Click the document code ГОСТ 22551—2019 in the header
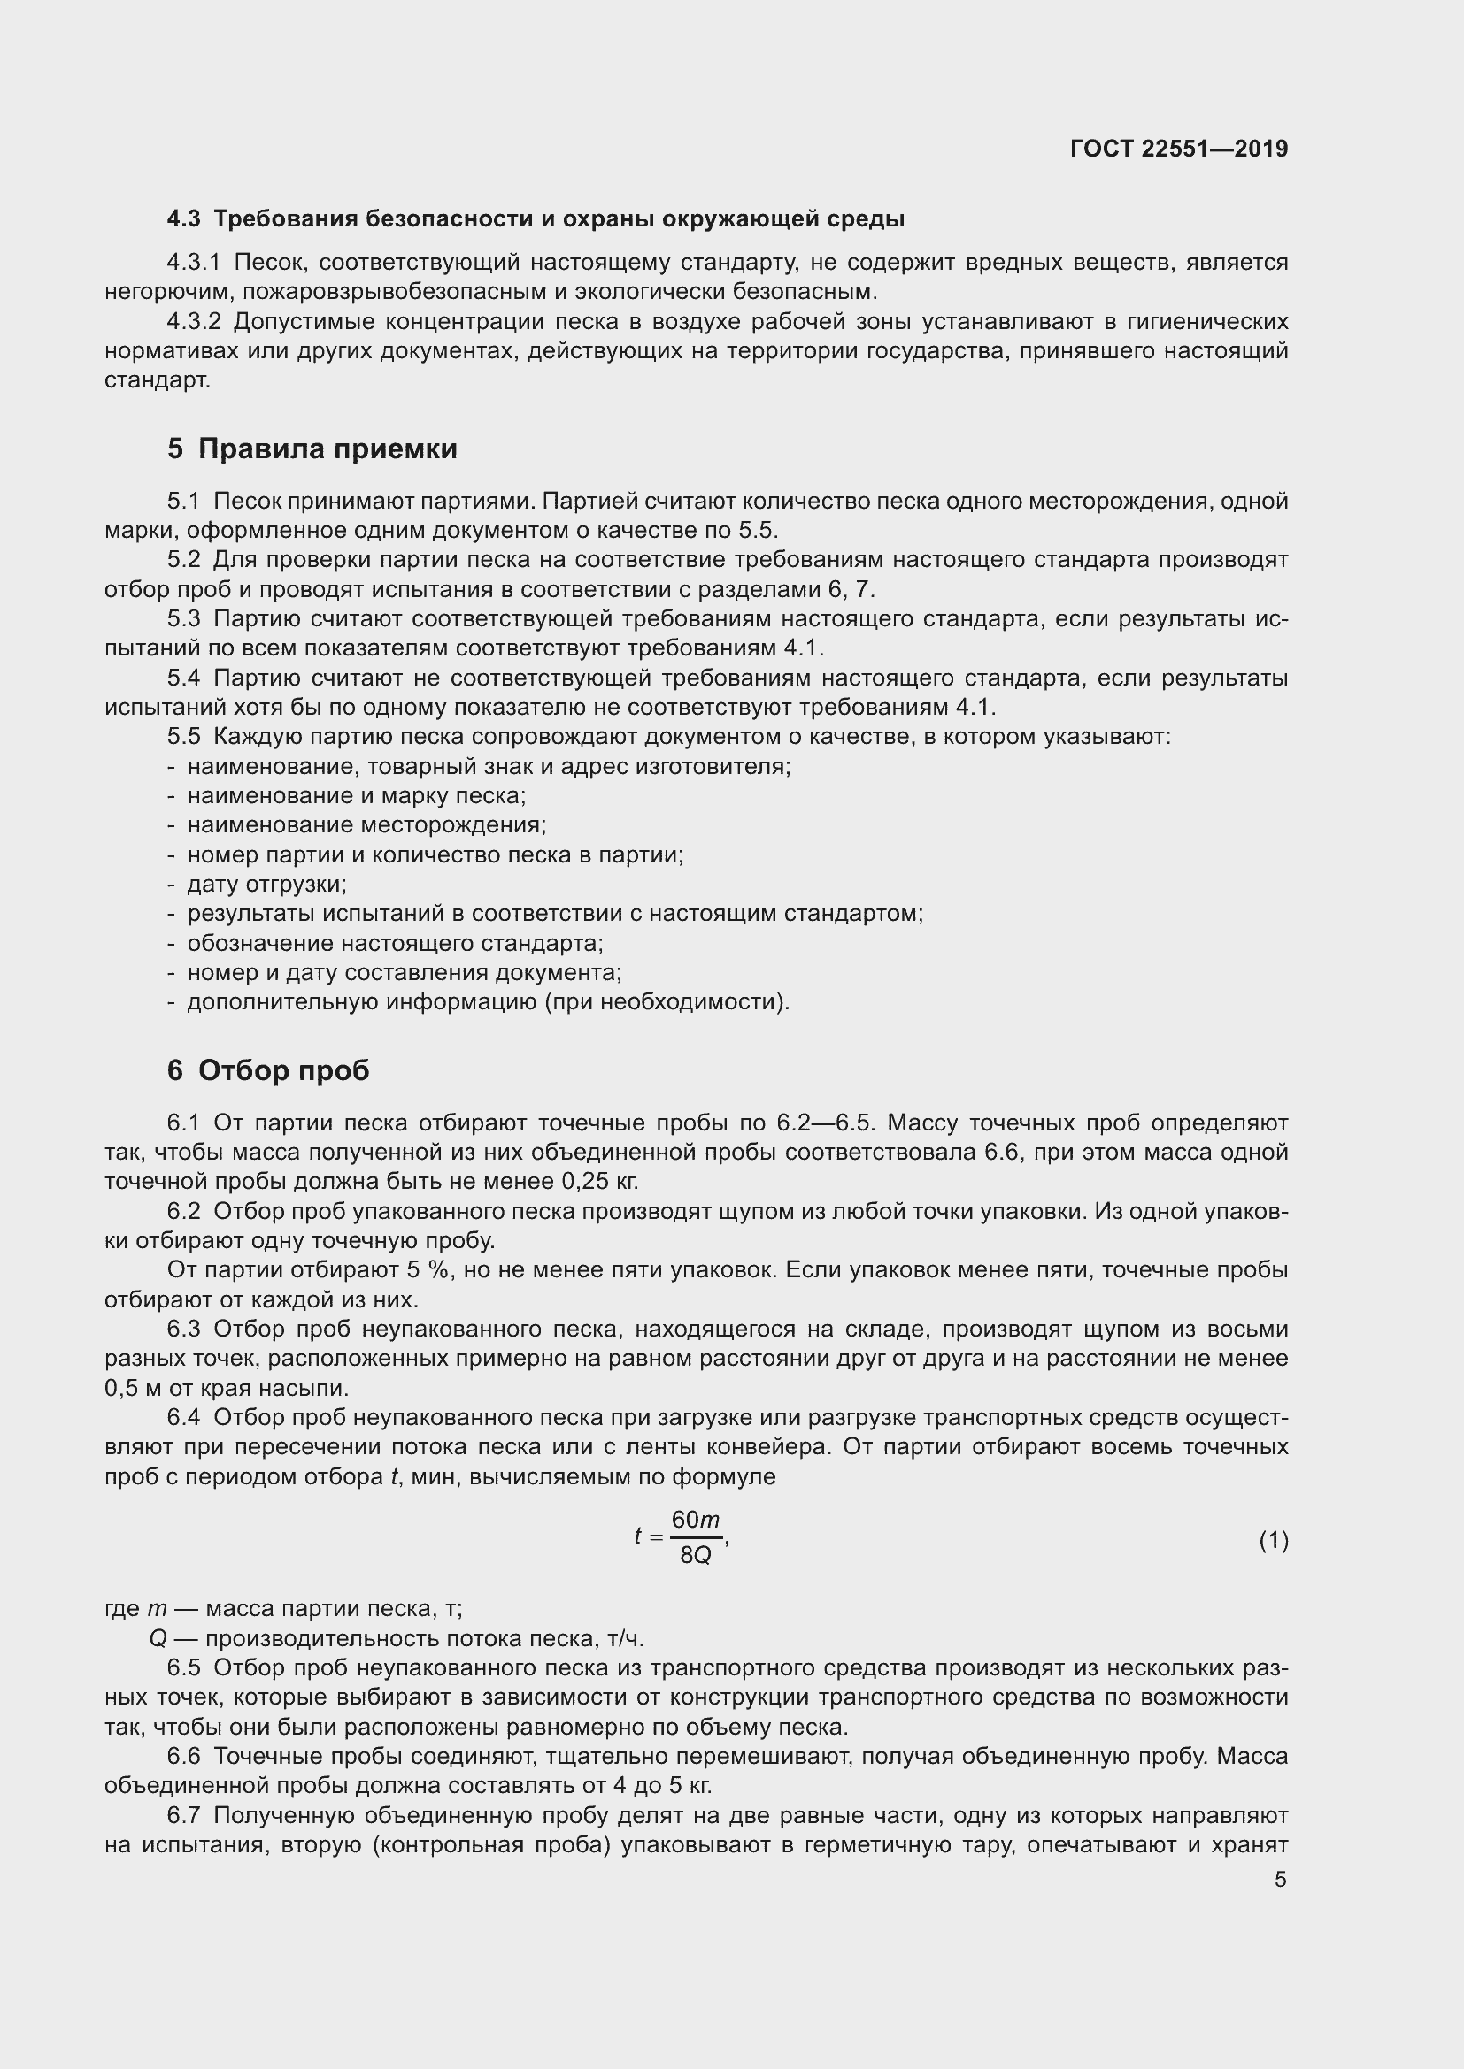1179,149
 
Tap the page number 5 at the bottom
1280,1879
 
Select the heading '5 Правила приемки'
312,448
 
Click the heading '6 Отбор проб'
267,1070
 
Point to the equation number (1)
1273,1541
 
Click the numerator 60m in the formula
695,1521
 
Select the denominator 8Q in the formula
695,1555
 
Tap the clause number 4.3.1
194,262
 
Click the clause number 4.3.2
194,322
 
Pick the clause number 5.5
184,737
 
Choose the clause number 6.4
184,1417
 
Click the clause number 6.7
184,1816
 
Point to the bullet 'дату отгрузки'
266,884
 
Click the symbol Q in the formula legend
158,1639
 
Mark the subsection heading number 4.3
184,219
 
